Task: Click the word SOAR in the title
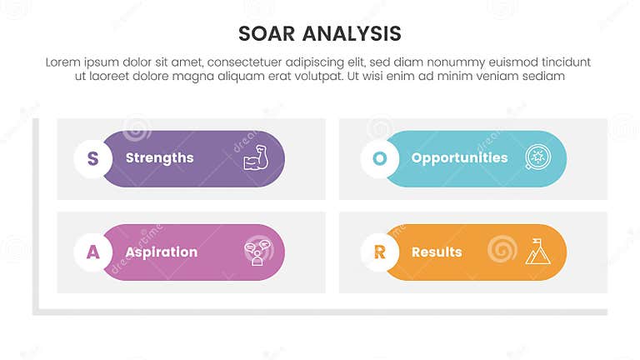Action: point(267,33)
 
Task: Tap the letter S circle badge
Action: point(93,158)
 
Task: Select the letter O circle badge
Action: point(380,158)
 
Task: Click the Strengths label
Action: point(159,158)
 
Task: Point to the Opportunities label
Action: point(459,158)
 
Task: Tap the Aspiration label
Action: point(161,252)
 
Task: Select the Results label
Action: point(437,252)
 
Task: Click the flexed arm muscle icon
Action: point(255,159)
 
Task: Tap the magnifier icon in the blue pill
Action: point(537,158)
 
